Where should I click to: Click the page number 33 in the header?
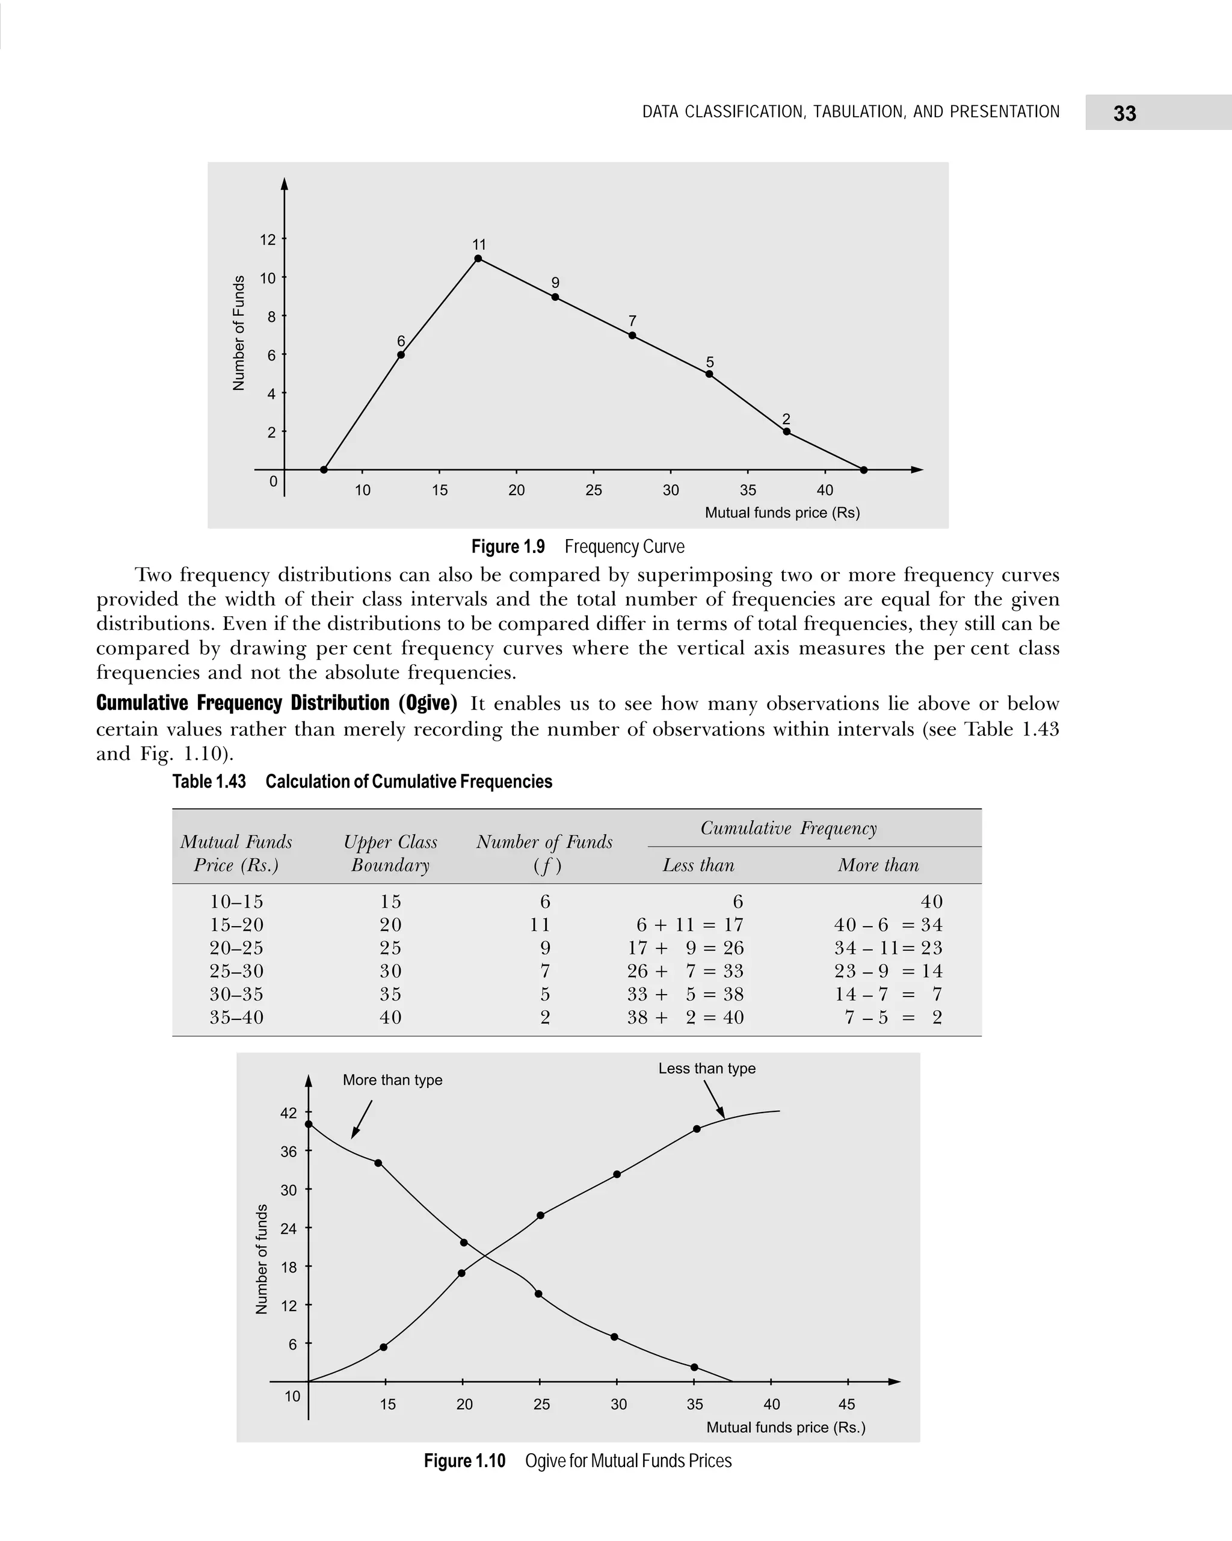point(1124,113)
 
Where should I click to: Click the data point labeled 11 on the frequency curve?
point(478,259)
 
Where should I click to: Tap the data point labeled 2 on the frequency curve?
point(786,431)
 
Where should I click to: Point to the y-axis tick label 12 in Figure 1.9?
point(268,240)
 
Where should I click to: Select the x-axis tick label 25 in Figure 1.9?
point(593,490)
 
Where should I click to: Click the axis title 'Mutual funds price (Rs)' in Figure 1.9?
point(782,513)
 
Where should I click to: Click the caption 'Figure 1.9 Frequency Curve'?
point(577,547)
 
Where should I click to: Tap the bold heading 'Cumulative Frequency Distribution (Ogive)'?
point(277,703)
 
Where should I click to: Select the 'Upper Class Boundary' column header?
point(390,853)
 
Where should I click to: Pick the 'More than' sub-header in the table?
point(878,865)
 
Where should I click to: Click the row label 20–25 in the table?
point(236,948)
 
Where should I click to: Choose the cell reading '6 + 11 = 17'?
point(689,925)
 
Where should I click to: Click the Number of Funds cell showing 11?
point(540,925)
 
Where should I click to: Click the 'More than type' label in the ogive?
point(392,1080)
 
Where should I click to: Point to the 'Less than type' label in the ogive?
point(707,1069)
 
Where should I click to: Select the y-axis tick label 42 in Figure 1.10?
point(289,1114)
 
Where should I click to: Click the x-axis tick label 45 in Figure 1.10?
point(846,1404)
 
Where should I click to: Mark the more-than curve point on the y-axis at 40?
point(309,1124)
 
